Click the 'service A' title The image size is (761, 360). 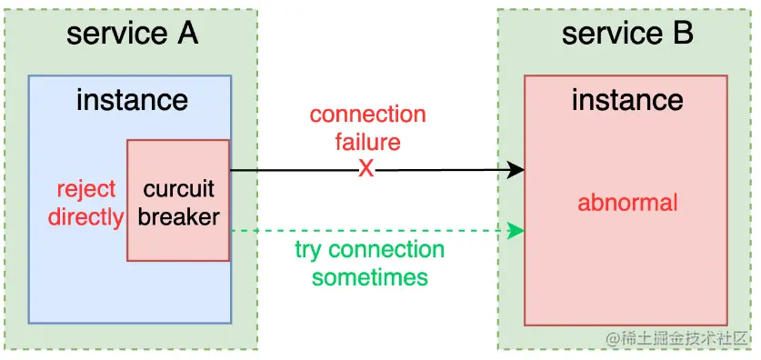(132, 34)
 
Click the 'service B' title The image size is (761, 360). (626, 34)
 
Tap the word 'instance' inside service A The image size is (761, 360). (132, 99)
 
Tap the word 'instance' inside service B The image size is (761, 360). (626, 99)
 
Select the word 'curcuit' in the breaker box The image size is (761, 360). (178, 190)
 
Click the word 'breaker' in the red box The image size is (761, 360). (178, 216)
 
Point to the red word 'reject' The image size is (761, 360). (86, 190)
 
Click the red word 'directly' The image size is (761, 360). (85, 216)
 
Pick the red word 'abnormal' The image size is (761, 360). (627, 201)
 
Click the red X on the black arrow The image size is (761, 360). (365, 169)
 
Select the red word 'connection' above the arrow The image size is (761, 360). (367, 115)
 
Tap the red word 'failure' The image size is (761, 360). (367, 142)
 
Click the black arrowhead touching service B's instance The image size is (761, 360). (516, 170)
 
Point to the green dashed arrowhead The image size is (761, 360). (516, 231)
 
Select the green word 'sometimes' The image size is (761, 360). (369, 276)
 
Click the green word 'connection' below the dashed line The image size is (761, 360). (386, 250)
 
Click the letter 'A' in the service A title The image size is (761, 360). (185, 34)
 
